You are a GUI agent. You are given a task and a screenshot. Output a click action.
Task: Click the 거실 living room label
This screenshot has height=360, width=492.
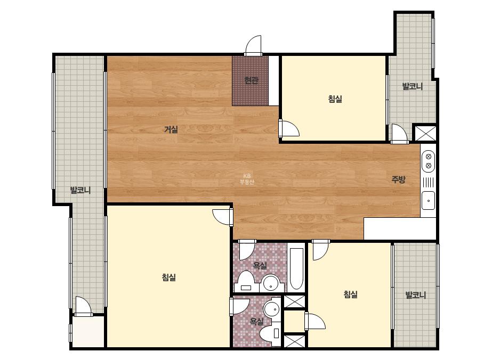coord(171,129)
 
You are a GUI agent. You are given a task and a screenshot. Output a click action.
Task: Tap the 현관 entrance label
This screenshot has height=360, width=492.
coord(251,80)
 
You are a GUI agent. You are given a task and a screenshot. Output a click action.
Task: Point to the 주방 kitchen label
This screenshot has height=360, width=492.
coord(398,179)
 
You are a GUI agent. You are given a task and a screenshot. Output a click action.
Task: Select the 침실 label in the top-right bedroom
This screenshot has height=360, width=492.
coord(335,99)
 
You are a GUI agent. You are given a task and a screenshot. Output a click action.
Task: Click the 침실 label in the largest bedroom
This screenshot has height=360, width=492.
coord(169,277)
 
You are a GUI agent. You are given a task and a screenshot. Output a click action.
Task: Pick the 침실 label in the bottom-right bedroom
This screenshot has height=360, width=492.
coord(351,294)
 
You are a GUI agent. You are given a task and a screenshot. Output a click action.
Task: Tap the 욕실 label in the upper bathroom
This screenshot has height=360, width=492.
coord(260,266)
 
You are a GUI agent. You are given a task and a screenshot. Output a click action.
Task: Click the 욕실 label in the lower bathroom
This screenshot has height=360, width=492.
coord(256,321)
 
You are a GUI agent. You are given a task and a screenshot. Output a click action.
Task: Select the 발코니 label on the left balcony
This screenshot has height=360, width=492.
coord(80,190)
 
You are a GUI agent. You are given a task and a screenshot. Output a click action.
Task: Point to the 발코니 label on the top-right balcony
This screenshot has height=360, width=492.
coord(412,86)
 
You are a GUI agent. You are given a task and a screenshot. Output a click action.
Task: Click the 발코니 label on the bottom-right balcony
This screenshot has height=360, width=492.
coord(415,295)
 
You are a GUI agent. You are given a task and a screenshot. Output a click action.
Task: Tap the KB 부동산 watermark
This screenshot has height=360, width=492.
coord(247,179)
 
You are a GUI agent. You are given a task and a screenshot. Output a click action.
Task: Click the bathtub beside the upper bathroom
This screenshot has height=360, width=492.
coord(296,269)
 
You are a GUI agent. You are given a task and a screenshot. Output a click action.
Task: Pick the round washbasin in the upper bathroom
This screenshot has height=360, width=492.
coord(271,283)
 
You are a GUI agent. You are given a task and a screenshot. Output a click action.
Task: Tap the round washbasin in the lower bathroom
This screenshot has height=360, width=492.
coord(272,309)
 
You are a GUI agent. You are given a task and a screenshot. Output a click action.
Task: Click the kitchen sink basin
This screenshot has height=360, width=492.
coord(429,200)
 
